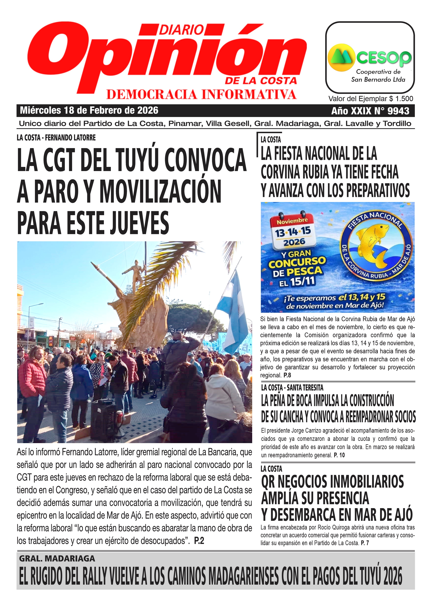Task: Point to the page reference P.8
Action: coord(287,375)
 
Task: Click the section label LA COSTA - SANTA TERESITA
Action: coord(292,388)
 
